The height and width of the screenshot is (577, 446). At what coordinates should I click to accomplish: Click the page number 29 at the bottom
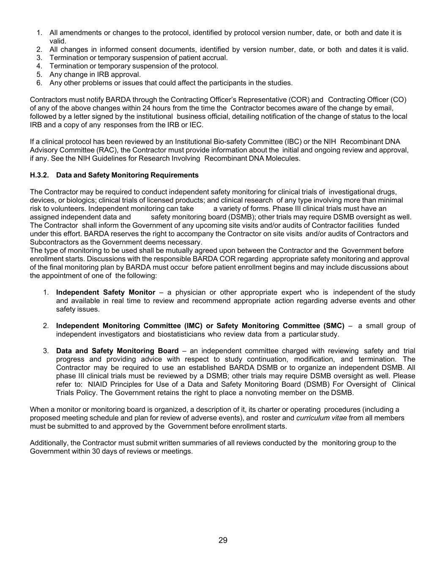coord(223,540)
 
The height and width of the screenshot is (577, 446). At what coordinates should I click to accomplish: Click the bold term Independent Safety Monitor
coord(106,293)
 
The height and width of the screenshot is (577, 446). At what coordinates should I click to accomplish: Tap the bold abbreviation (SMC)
coord(334,326)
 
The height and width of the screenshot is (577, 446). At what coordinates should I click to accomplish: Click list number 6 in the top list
coord(39,83)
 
